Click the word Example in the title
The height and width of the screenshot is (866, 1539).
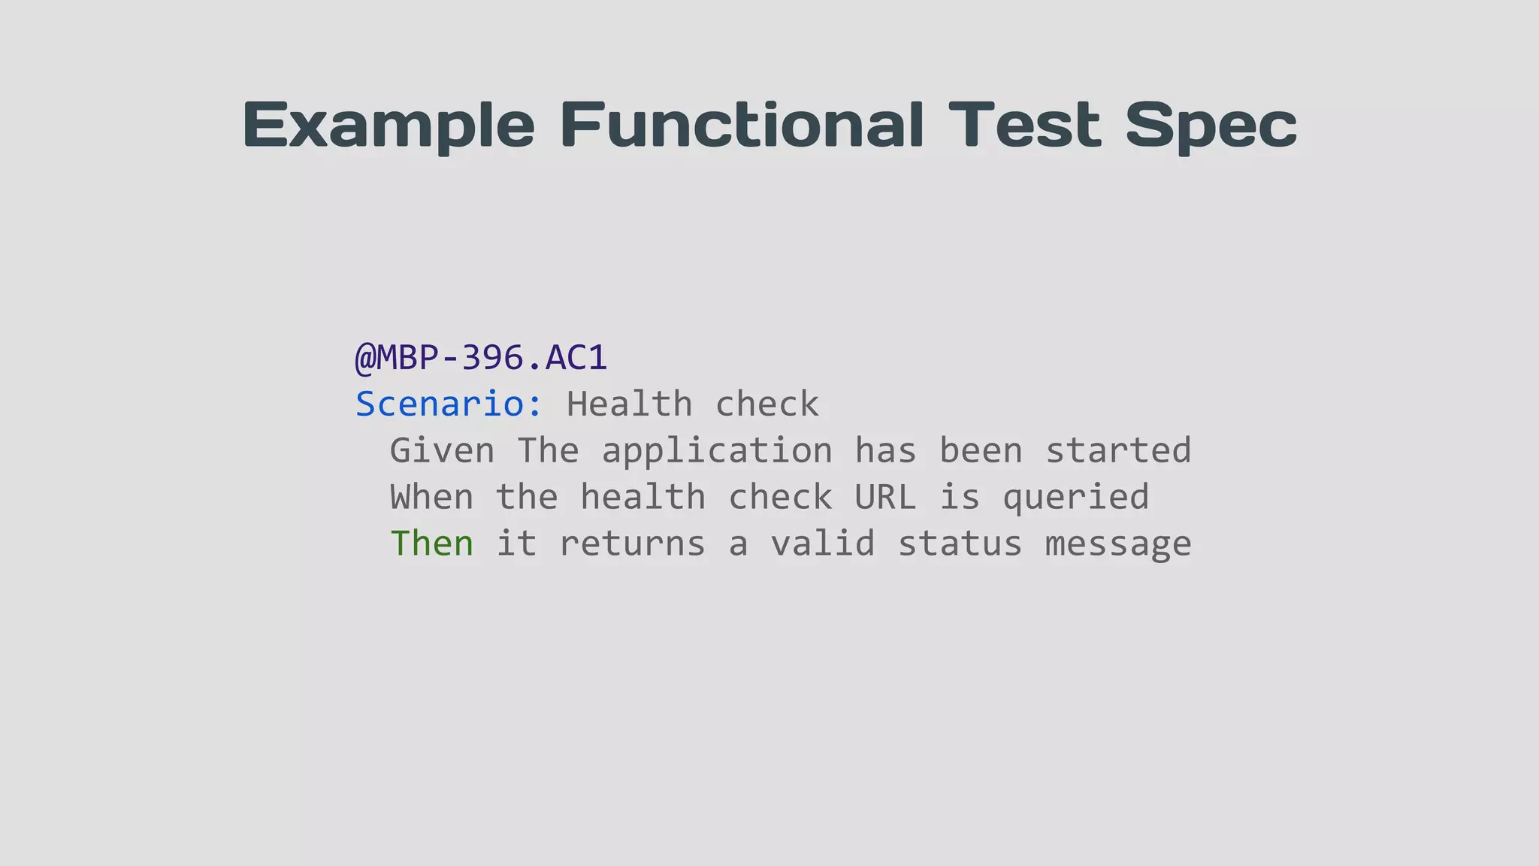pos(389,126)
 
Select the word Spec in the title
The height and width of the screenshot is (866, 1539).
pos(1211,126)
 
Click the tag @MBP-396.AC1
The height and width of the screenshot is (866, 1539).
pos(481,358)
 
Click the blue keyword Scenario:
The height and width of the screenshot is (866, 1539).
pos(449,404)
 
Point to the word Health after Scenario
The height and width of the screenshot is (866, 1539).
pos(629,404)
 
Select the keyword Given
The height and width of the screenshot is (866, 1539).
pos(442,451)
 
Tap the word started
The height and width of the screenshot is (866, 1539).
pos(1118,451)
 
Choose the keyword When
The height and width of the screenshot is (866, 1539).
pos(431,498)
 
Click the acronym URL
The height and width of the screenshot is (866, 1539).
pos(885,498)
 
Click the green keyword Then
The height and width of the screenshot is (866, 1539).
pos(432,544)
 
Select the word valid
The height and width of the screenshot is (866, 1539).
pos(823,544)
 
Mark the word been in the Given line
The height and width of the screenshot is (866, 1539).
pos(981,451)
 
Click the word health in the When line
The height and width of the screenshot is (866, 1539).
pos(643,498)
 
